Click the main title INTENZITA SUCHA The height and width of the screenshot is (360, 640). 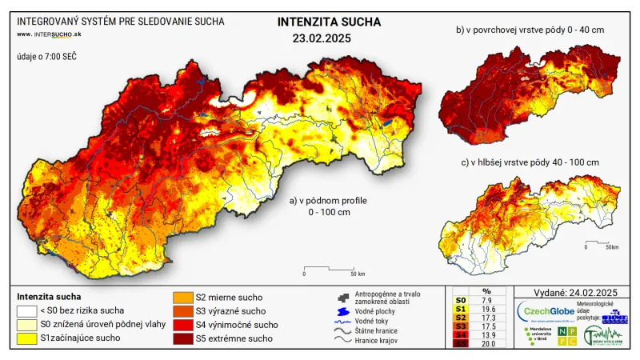[330, 22]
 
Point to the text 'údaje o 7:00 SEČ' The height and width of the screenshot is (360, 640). [46, 58]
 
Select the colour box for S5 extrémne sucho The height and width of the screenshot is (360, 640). [183, 338]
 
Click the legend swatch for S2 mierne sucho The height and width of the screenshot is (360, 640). [183, 298]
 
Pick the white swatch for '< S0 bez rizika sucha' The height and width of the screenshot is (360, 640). [27, 310]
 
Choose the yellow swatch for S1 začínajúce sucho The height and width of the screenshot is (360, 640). [27, 338]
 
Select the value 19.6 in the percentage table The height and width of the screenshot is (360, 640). [487, 308]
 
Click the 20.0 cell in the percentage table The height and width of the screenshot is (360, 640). [487, 344]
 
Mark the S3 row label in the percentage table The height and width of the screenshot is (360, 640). [459, 326]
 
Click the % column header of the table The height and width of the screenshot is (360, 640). [487, 291]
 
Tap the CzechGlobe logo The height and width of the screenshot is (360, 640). [547, 310]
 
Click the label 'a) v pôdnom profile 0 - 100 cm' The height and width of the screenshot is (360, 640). [328, 206]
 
